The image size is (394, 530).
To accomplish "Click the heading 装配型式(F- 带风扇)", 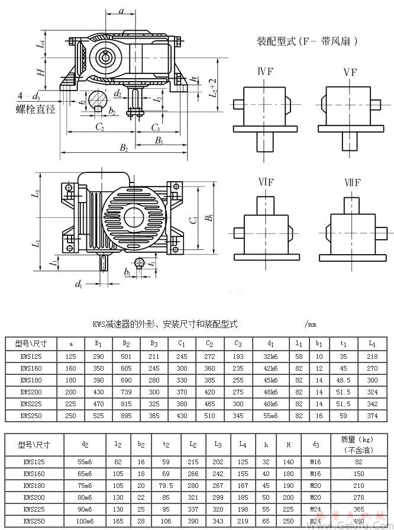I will point(308,41).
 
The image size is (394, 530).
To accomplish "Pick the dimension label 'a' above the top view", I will point(121,11).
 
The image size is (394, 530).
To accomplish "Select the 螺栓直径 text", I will point(35,110).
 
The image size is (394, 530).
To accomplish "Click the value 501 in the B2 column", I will point(127,356).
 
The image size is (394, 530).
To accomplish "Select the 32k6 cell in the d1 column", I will point(270,356).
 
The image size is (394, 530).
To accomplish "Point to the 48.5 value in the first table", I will point(344,380).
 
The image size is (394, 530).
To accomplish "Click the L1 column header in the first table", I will point(372,344).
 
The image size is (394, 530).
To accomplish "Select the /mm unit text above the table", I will point(310,325).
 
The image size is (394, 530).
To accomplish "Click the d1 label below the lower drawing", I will point(79,284).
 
